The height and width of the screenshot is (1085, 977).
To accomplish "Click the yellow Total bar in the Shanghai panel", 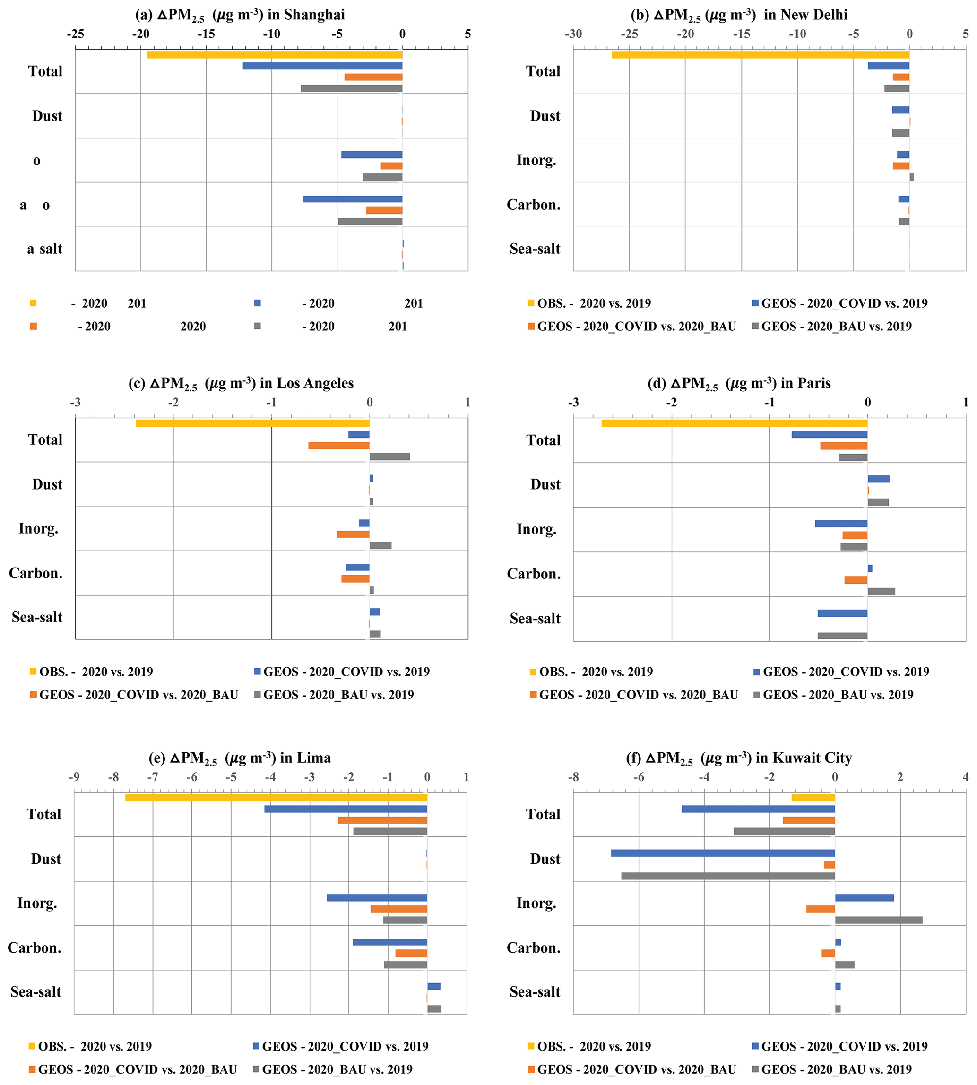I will (x=274, y=55).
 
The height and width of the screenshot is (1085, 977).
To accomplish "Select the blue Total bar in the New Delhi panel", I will (x=889, y=66).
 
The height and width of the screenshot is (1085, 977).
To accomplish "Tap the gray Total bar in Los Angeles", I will (x=390, y=456).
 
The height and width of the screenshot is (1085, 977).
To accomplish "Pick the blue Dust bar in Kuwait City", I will (x=723, y=853).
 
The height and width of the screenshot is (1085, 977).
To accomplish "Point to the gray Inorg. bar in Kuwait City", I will (x=878, y=920).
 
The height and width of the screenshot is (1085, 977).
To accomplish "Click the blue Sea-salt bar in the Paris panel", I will (x=842, y=613).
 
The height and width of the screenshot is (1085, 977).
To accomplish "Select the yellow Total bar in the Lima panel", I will (x=276, y=798).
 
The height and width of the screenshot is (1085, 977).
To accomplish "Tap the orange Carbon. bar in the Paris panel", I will (x=856, y=580).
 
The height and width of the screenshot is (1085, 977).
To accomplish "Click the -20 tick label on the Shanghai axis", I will (x=141, y=34).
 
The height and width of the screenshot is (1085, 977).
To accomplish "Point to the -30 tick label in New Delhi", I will (x=573, y=34).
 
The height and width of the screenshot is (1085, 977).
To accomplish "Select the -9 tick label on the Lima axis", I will (x=74, y=777).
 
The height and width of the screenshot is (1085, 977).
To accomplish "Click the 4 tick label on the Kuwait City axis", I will (x=965, y=777).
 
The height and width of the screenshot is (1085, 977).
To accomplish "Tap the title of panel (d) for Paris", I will (x=739, y=383).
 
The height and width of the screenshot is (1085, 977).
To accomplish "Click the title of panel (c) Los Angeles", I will (x=241, y=383).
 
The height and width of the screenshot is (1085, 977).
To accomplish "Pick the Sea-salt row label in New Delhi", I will (x=535, y=249).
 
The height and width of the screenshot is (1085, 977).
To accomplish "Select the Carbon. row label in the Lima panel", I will (x=35, y=948).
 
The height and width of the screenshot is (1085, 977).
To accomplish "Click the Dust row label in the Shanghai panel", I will (x=47, y=116).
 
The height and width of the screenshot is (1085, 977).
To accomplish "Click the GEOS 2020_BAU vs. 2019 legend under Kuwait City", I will (x=836, y=1069).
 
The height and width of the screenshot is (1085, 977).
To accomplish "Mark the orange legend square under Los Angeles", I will (x=33, y=695).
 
